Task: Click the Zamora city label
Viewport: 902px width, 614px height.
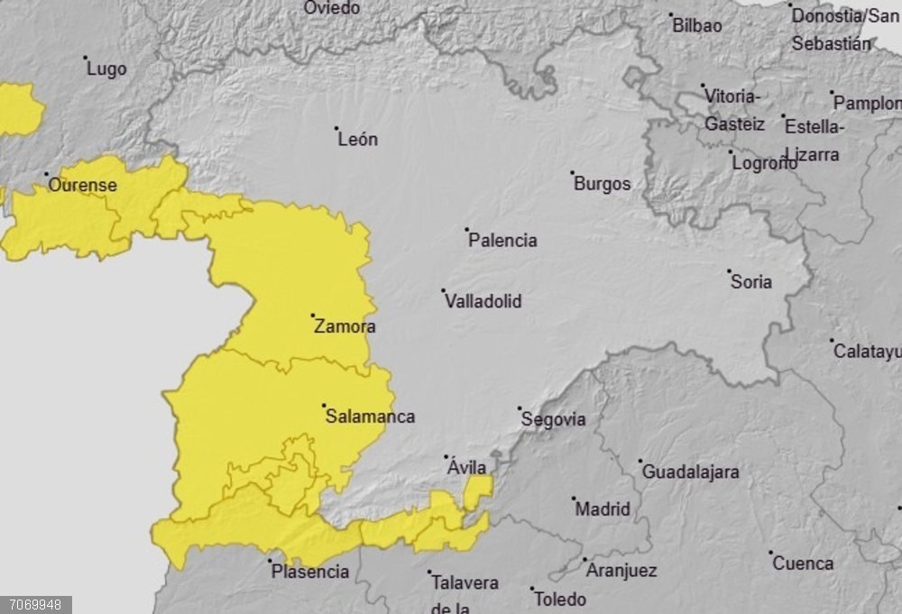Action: pos(345,327)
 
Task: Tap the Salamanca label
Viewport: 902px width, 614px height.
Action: pos(370,417)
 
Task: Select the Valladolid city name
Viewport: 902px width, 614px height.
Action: pos(483,301)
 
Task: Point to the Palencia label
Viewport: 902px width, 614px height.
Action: pos(502,241)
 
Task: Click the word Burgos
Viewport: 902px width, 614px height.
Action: pos(603,184)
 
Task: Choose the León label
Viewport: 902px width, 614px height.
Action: pos(358,140)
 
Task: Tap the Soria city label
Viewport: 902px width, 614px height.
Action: pos(751,282)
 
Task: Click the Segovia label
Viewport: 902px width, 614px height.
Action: pos(553,419)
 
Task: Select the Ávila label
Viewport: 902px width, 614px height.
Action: pos(467,467)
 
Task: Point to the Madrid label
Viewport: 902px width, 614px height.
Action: pos(603,509)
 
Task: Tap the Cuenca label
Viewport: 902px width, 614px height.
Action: pos(803,564)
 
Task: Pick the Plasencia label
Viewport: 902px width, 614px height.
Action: pos(310,572)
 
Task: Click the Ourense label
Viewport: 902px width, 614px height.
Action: pos(82,186)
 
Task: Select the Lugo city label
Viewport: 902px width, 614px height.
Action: pos(106,69)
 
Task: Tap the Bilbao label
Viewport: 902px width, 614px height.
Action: pos(697,26)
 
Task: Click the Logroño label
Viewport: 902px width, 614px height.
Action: pos(765,163)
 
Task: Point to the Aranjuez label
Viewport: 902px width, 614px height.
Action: pos(621,571)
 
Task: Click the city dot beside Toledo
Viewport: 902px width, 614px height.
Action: pos(531,589)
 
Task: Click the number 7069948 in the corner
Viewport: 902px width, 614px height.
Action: pos(35,604)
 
